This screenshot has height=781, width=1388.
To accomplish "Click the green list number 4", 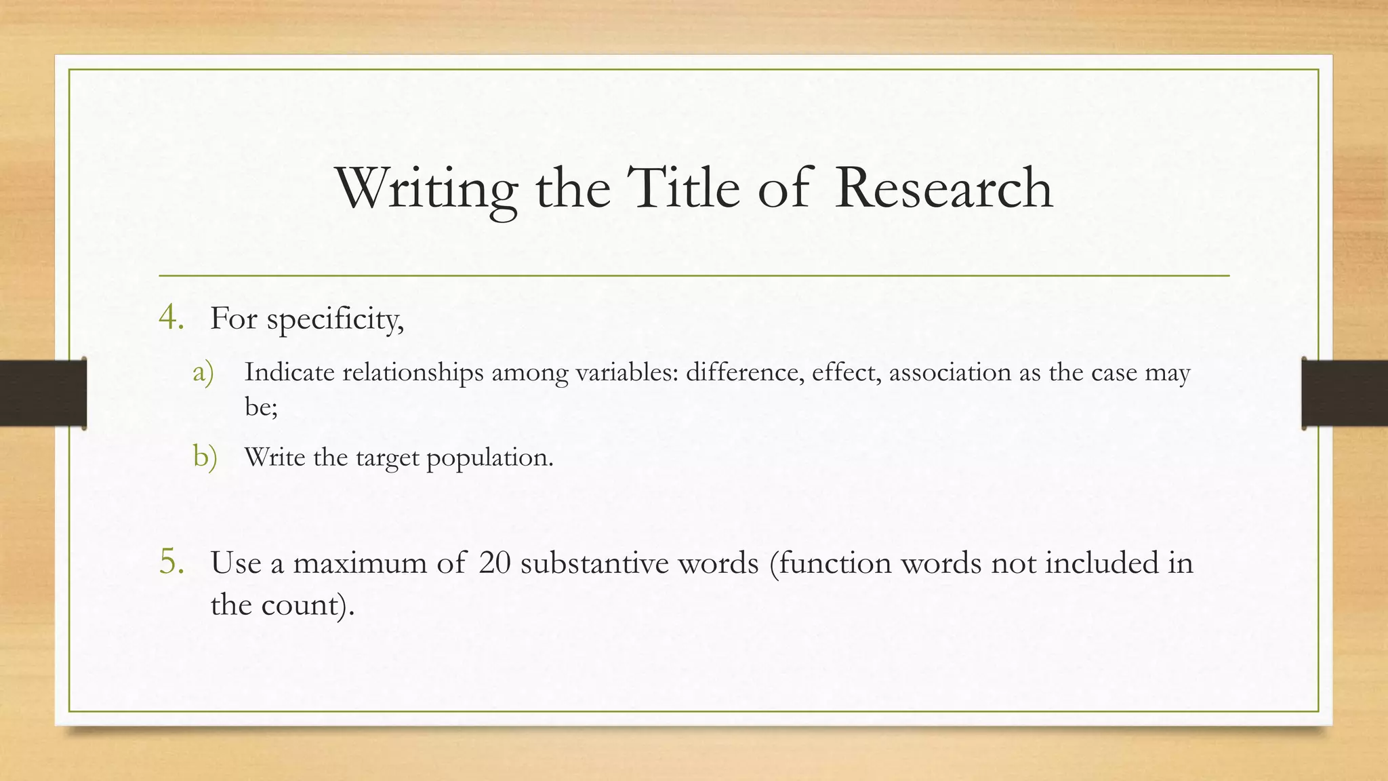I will click(171, 317).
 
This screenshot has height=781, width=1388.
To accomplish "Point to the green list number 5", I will click(171, 562).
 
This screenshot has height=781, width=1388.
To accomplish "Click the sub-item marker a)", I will click(203, 372).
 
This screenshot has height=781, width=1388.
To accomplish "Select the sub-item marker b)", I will click(205, 457).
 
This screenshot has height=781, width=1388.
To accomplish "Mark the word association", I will click(950, 372).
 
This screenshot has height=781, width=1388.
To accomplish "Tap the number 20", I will click(494, 563).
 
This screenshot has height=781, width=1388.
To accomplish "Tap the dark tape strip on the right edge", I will click(1345, 393).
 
